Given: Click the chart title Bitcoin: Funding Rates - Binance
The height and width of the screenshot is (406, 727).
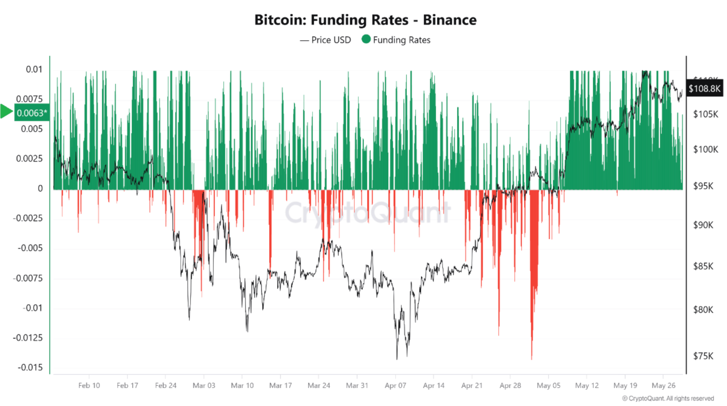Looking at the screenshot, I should pyautogui.click(x=365, y=20).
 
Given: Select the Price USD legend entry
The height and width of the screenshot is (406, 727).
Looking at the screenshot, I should pyautogui.click(x=325, y=40).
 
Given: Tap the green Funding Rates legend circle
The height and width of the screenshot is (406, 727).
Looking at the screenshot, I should pyautogui.click(x=366, y=39).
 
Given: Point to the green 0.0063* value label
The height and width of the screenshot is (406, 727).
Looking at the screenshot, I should pyautogui.click(x=32, y=113).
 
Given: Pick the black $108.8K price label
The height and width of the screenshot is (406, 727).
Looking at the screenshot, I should pyautogui.click(x=704, y=88).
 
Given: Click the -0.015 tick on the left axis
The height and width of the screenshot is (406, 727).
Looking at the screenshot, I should pyautogui.click(x=30, y=367).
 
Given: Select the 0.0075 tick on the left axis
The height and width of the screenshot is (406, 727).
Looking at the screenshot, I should pyautogui.click(x=29, y=99).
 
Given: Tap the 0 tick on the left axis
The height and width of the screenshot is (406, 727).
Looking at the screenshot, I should pyautogui.click(x=40, y=188).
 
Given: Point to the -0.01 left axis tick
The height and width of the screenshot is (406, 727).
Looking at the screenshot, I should pyautogui.click(x=33, y=308).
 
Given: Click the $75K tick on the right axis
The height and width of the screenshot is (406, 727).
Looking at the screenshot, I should pyautogui.click(x=703, y=356).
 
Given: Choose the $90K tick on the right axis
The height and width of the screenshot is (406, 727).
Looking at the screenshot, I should pyautogui.click(x=703, y=225).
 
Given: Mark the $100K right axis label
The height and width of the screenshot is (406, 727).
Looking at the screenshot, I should pyautogui.click(x=705, y=149).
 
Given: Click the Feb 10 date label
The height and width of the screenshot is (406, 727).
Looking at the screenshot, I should pyautogui.click(x=89, y=386).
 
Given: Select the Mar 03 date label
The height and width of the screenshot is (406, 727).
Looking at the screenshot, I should pyautogui.click(x=204, y=386).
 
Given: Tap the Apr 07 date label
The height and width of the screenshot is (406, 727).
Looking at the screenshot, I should pyautogui.click(x=395, y=386).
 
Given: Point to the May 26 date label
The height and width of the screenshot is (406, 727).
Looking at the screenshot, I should pyautogui.click(x=663, y=386).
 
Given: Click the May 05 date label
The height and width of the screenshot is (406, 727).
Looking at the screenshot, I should pyautogui.click(x=548, y=386).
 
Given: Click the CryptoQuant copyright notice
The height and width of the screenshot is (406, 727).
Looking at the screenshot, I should pyautogui.click(x=668, y=399).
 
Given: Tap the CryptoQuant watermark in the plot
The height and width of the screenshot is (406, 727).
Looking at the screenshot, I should pyautogui.click(x=368, y=213).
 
